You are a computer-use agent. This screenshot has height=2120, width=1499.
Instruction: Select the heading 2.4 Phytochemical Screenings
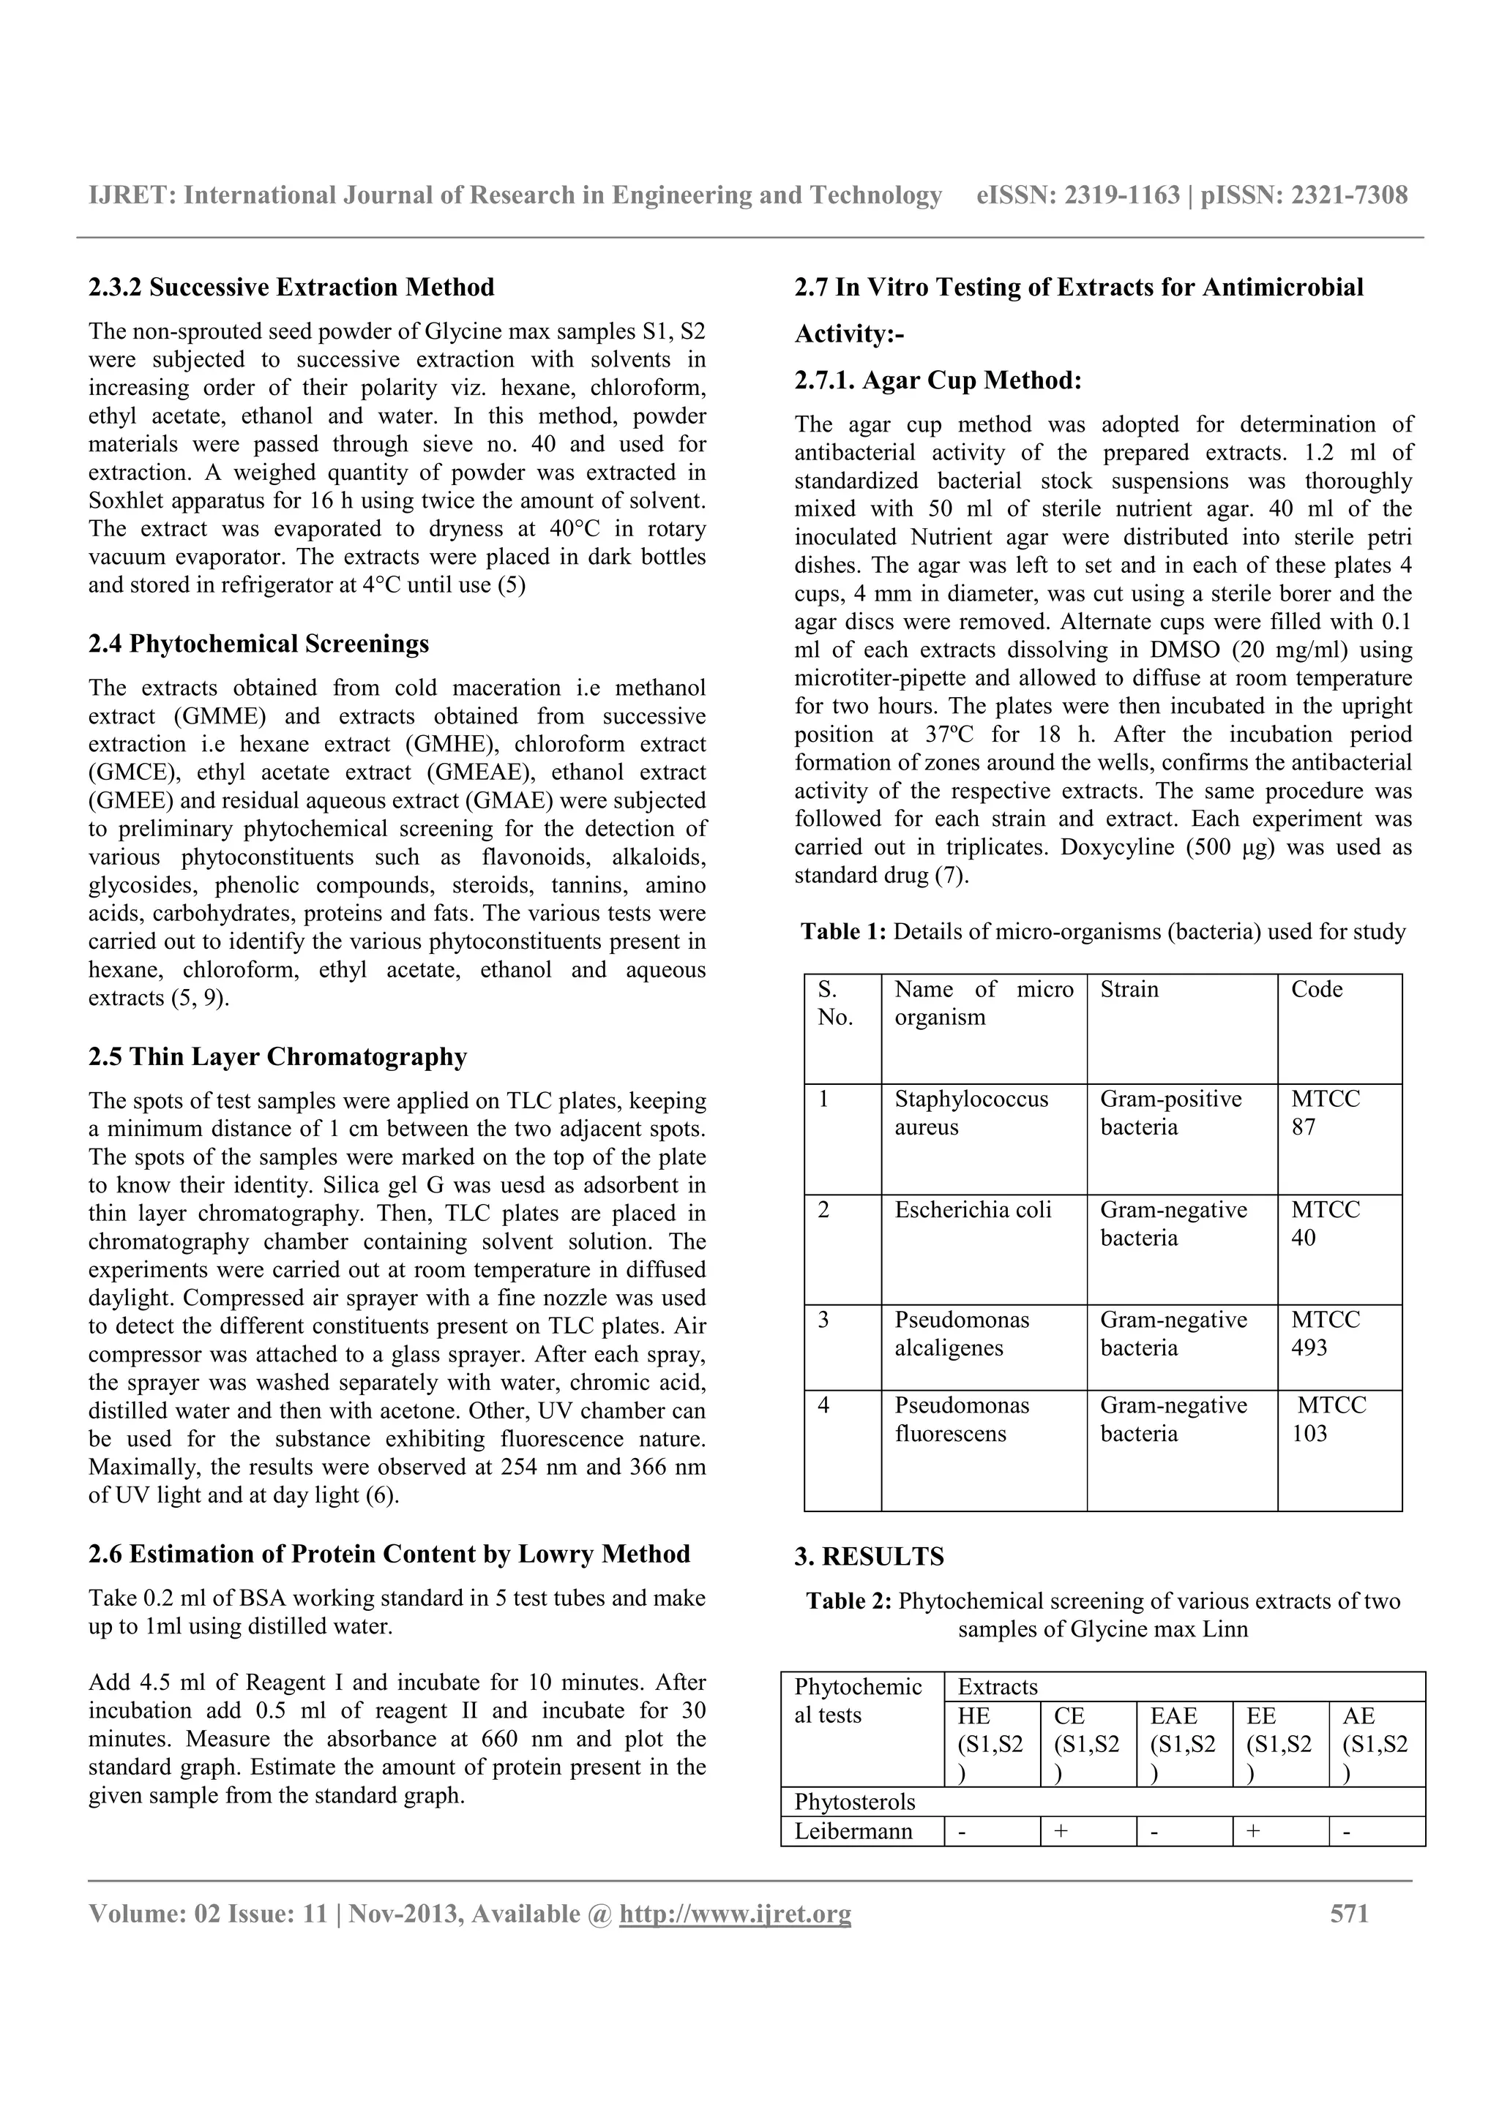pos(258,644)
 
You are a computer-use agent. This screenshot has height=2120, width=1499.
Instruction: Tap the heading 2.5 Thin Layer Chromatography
pos(277,1056)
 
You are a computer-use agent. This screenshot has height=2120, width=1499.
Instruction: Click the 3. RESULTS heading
pos(869,1557)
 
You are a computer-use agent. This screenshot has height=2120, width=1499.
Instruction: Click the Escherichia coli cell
pos(973,1209)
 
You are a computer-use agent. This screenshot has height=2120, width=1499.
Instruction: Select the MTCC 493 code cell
pos(1325,1334)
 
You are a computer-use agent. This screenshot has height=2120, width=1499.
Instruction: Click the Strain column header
pos(1129,990)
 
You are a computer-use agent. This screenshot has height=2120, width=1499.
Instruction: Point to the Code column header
pos(1316,990)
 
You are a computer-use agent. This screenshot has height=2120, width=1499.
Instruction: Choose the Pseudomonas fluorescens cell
pos(962,1419)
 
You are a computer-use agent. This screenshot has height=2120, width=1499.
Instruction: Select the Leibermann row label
pos(853,1831)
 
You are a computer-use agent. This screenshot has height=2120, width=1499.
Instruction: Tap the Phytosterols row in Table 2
pos(854,1802)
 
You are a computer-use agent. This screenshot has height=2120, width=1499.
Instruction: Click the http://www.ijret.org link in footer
pos(735,1914)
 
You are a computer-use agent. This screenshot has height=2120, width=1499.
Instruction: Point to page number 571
pos(1348,1913)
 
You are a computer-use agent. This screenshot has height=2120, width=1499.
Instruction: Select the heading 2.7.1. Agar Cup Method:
pos(938,380)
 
